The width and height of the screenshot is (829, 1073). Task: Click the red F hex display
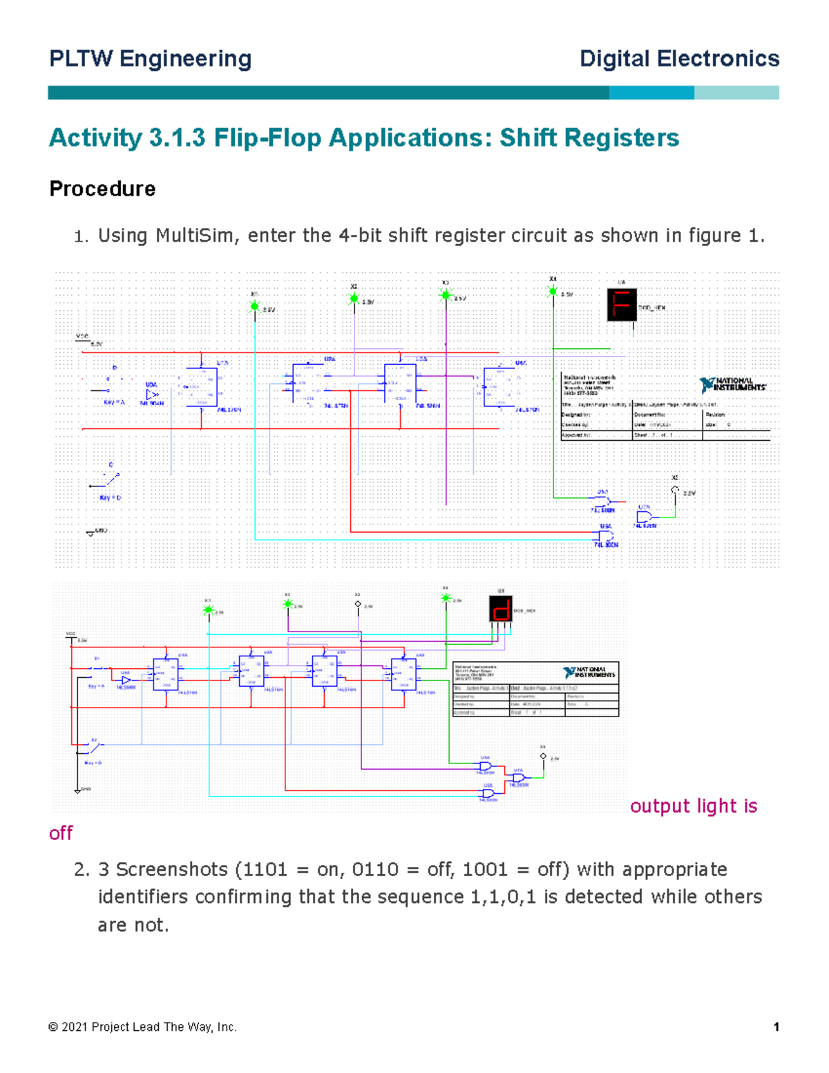(622, 305)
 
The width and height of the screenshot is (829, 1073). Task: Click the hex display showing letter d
(501, 609)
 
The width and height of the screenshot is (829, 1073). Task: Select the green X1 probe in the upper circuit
(254, 305)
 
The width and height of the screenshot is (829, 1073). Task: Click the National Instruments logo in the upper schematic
(732, 384)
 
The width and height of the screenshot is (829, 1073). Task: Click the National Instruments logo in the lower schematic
(589, 672)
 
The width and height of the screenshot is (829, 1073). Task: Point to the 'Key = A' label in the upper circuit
(113, 402)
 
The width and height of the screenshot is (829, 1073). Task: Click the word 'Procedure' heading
(102, 189)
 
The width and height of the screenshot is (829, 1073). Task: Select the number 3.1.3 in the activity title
(177, 137)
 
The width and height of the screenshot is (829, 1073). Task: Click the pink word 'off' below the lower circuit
(61, 833)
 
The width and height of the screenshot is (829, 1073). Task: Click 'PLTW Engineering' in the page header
(150, 59)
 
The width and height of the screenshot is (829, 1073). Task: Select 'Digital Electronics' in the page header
(679, 59)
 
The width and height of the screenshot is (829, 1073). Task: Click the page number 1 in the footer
(776, 1027)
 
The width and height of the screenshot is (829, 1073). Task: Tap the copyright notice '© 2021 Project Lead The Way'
(142, 1027)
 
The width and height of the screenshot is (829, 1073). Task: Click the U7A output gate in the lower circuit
(518, 778)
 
